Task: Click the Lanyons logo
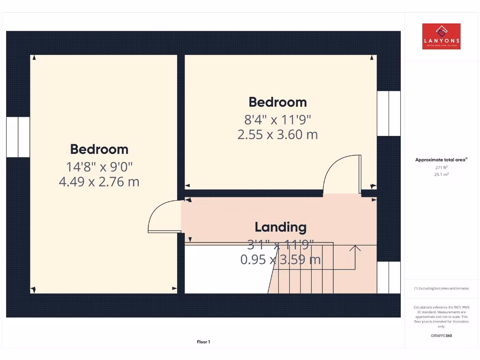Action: (x=441, y=36)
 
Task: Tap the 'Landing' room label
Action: (x=280, y=227)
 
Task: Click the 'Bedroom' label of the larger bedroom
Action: (x=99, y=149)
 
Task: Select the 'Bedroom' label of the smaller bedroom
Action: (x=277, y=102)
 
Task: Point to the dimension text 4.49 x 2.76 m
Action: (x=99, y=181)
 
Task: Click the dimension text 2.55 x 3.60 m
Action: (x=277, y=135)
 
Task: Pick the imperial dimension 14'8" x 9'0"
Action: (x=99, y=166)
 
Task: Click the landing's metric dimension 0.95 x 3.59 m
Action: (x=280, y=259)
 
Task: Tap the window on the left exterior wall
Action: (x=18, y=137)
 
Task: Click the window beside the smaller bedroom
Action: (x=389, y=113)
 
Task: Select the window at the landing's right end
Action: (x=389, y=277)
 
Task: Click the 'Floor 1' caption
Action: (x=203, y=342)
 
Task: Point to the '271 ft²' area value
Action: (x=441, y=167)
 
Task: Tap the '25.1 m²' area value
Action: (x=441, y=174)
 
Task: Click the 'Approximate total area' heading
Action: (x=441, y=160)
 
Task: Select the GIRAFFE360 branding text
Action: (x=441, y=336)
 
